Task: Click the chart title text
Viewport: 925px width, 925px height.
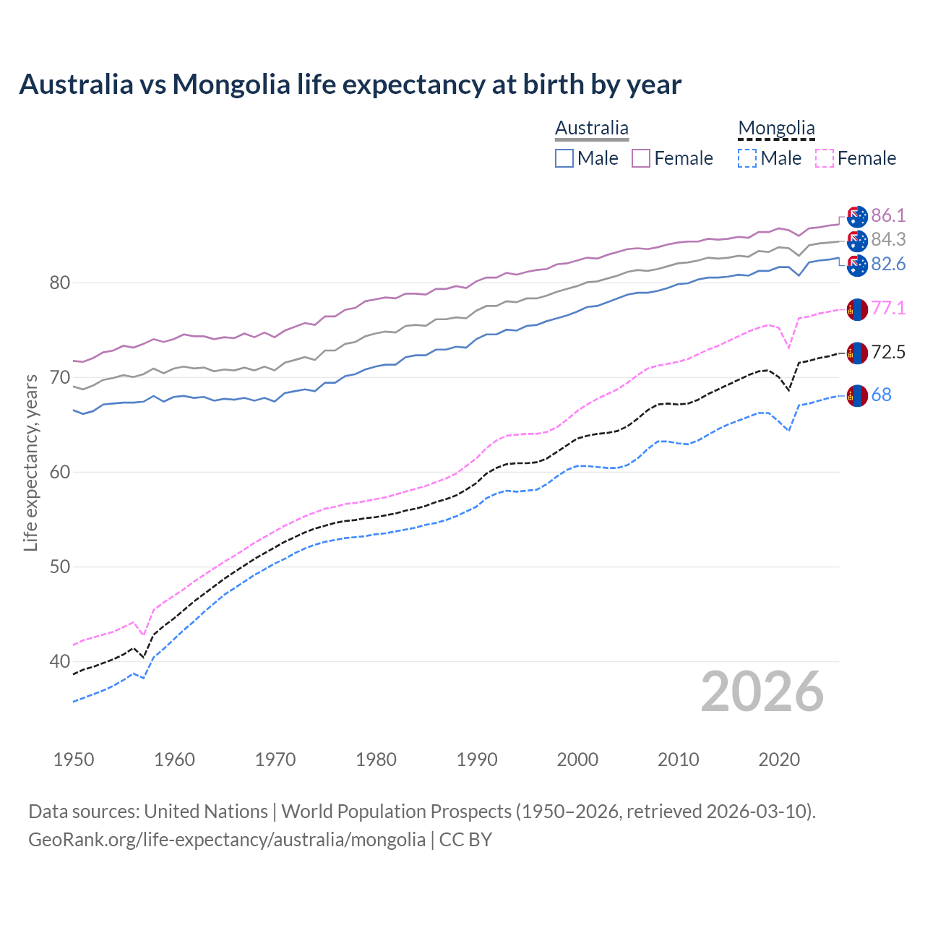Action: coord(350,85)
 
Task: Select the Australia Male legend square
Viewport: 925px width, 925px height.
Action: coord(564,158)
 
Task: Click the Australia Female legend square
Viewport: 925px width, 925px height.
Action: coord(641,158)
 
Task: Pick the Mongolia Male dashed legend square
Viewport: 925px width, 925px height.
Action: coord(747,158)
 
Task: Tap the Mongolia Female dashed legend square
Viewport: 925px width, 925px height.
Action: coord(824,158)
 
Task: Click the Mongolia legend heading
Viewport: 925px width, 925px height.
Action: coord(776,129)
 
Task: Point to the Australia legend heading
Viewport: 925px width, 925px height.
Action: coord(592,129)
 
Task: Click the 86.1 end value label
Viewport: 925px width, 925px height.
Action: coord(888,216)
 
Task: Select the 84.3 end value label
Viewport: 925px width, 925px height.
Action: coord(888,239)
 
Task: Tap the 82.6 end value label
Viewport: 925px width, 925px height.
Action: coord(888,264)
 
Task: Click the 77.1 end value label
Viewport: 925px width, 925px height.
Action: coord(888,309)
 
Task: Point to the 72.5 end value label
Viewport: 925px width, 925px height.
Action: coord(888,353)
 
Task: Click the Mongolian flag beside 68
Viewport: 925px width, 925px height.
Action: coord(857,395)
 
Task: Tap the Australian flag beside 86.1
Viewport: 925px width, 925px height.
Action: coord(857,216)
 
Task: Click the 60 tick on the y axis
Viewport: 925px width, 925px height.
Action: coord(60,472)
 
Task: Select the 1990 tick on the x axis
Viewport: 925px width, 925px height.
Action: coord(477,760)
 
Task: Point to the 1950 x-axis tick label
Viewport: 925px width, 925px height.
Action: coord(74,760)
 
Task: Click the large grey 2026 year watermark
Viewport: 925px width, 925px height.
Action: coord(762,692)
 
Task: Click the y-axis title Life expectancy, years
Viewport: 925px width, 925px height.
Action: coord(31,462)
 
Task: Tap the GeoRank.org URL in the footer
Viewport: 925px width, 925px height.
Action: coord(227,840)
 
